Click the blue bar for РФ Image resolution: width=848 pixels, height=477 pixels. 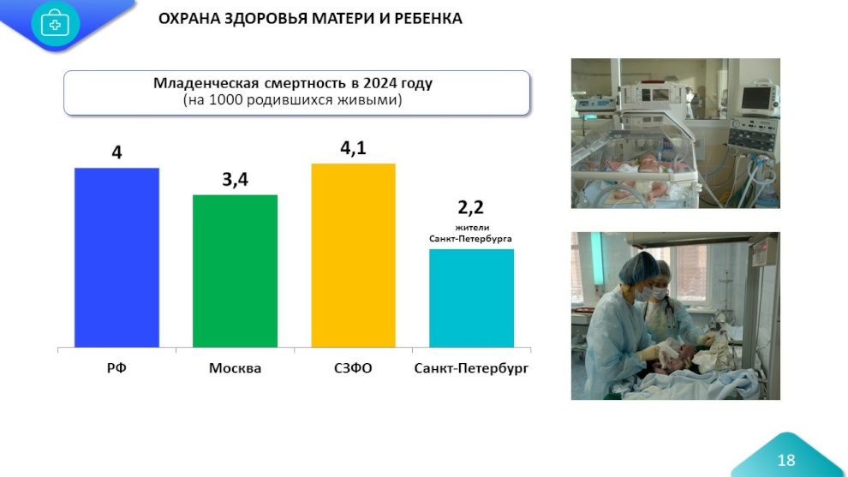pyautogui.click(x=116, y=257)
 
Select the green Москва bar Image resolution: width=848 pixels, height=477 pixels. pyautogui.click(x=235, y=271)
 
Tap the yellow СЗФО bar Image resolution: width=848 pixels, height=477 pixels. pyautogui.click(x=353, y=255)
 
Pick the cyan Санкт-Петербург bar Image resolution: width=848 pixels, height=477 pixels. pyautogui.click(x=471, y=298)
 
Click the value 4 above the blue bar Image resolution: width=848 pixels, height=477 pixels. pyautogui.click(x=116, y=152)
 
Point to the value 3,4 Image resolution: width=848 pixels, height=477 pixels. pyautogui.click(x=235, y=180)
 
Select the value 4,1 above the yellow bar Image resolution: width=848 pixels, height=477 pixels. pyautogui.click(x=353, y=148)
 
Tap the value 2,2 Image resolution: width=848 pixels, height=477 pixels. pyautogui.click(x=471, y=207)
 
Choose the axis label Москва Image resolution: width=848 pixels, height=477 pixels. pyautogui.click(x=235, y=369)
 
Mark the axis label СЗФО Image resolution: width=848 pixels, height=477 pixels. pyautogui.click(x=353, y=369)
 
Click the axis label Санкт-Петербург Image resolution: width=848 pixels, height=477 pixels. pyautogui.click(x=471, y=369)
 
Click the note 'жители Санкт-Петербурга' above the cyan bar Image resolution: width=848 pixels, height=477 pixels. pyautogui.click(x=471, y=233)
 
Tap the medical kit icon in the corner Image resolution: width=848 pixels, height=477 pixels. pyautogui.click(x=55, y=23)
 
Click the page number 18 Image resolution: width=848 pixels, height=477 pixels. pyautogui.click(x=785, y=461)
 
